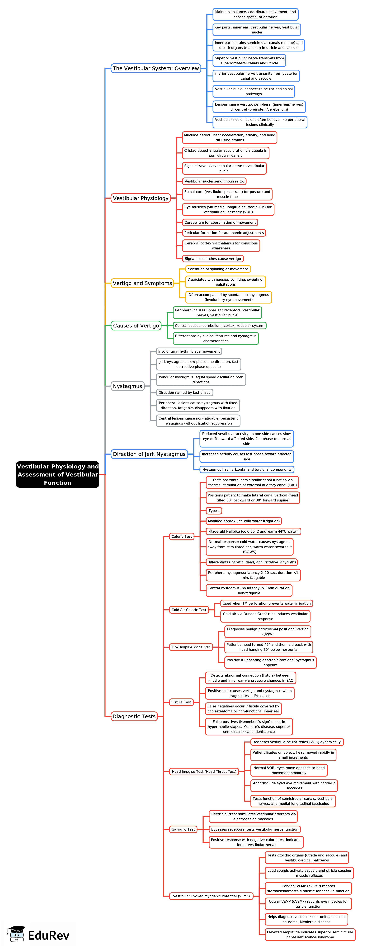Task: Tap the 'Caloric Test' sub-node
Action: point(182,536)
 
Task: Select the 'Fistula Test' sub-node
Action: point(181,702)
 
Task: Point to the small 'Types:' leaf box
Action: point(214,511)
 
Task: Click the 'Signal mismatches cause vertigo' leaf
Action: point(213,259)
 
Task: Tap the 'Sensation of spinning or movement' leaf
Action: point(218,269)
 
